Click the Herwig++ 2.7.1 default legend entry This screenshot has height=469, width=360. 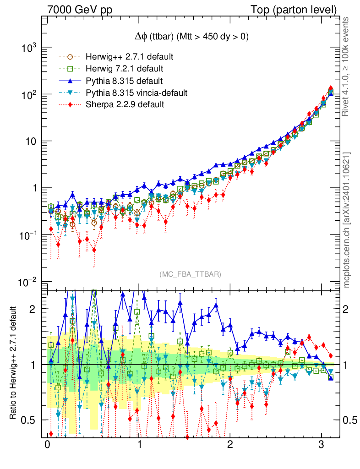click(x=129, y=57)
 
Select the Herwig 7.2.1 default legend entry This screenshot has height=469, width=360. click(x=125, y=69)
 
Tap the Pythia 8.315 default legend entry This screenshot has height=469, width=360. click(x=124, y=81)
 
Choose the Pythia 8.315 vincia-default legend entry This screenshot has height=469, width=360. click(x=136, y=93)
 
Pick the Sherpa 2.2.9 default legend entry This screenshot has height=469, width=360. click(x=125, y=105)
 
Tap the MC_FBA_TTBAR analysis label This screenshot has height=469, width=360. click(x=190, y=274)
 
